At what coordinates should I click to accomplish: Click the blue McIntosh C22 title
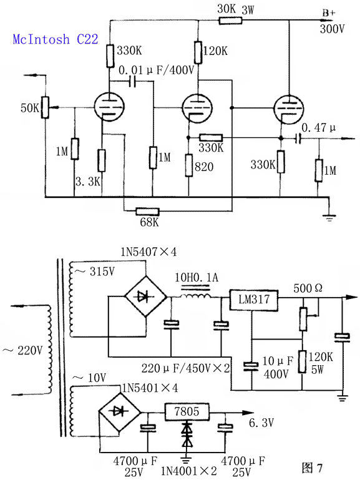click(x=56, y=39)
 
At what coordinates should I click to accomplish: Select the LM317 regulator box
click(x=253, y=300)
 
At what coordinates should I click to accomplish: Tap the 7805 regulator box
click(x=187, y=412)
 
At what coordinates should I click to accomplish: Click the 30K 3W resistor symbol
click(x=230, y=21)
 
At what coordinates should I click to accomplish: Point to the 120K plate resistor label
click(x=215, y=51)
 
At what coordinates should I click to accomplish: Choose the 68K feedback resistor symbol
click(x=147, y=212)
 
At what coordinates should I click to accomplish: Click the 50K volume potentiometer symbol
click(x=45, y=107)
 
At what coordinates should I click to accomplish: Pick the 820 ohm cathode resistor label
click(x=204, y=167)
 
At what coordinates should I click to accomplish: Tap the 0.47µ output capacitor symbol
click(x=298, y=139)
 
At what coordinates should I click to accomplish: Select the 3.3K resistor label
click(x=88, y=182)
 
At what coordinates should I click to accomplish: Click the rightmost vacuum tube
click(x=288, y=109)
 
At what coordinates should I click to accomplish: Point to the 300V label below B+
click(x=332, y=29)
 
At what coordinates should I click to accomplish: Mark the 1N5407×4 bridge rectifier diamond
click(x=145, y=296)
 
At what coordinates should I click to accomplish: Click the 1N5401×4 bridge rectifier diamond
click(x=119, y=412)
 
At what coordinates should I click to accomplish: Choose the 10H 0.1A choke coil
click(x=195, y=296)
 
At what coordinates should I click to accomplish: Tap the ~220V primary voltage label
click(x=22, y=350)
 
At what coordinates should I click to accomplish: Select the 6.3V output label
click(x=261, y=423)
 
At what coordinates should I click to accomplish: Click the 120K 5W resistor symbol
click(x=302, y=362)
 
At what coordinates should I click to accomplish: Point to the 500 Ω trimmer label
click(x=308, y=288)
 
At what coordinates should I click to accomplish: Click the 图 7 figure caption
click(x=313, y=468)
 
